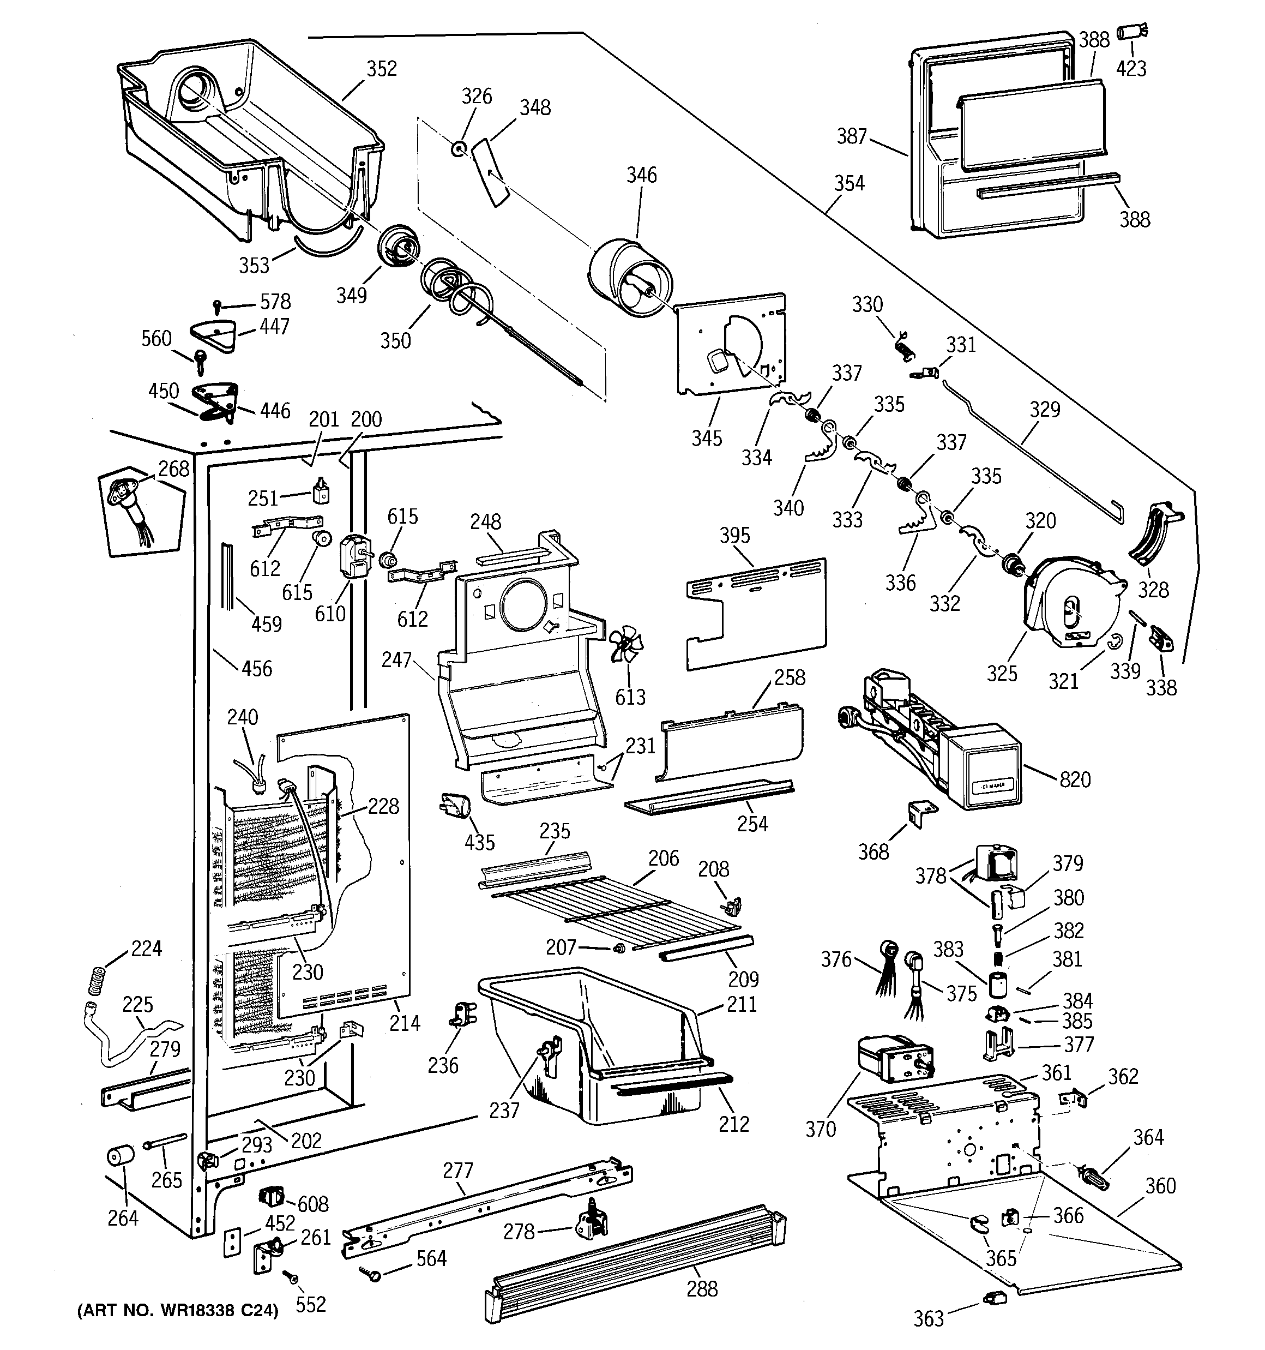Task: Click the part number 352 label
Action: [382, 69]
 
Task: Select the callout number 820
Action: [1075, 779]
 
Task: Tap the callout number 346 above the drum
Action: [641, 175]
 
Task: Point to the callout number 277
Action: [457, 1171]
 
